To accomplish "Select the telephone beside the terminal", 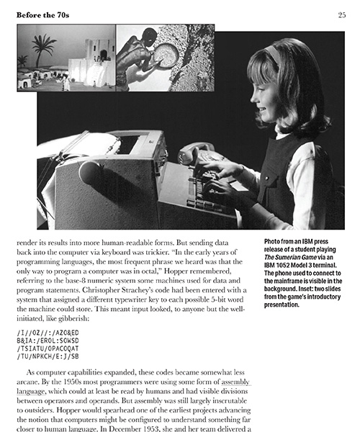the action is tap(196, 150).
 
